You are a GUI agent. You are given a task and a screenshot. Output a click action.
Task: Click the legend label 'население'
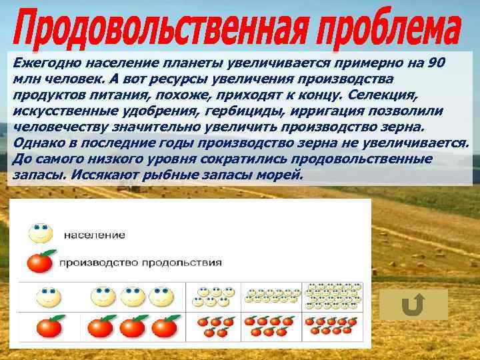coord(95,235)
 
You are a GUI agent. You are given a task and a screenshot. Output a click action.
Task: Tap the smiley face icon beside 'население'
coord(41,233)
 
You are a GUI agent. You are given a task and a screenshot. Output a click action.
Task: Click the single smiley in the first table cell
coord(47,294)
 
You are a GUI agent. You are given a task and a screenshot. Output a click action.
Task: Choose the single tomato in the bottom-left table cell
coord(48,327)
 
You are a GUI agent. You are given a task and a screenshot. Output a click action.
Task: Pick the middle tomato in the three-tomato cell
coord(132,327)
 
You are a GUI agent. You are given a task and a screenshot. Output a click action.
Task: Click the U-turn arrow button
coord(413,305)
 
